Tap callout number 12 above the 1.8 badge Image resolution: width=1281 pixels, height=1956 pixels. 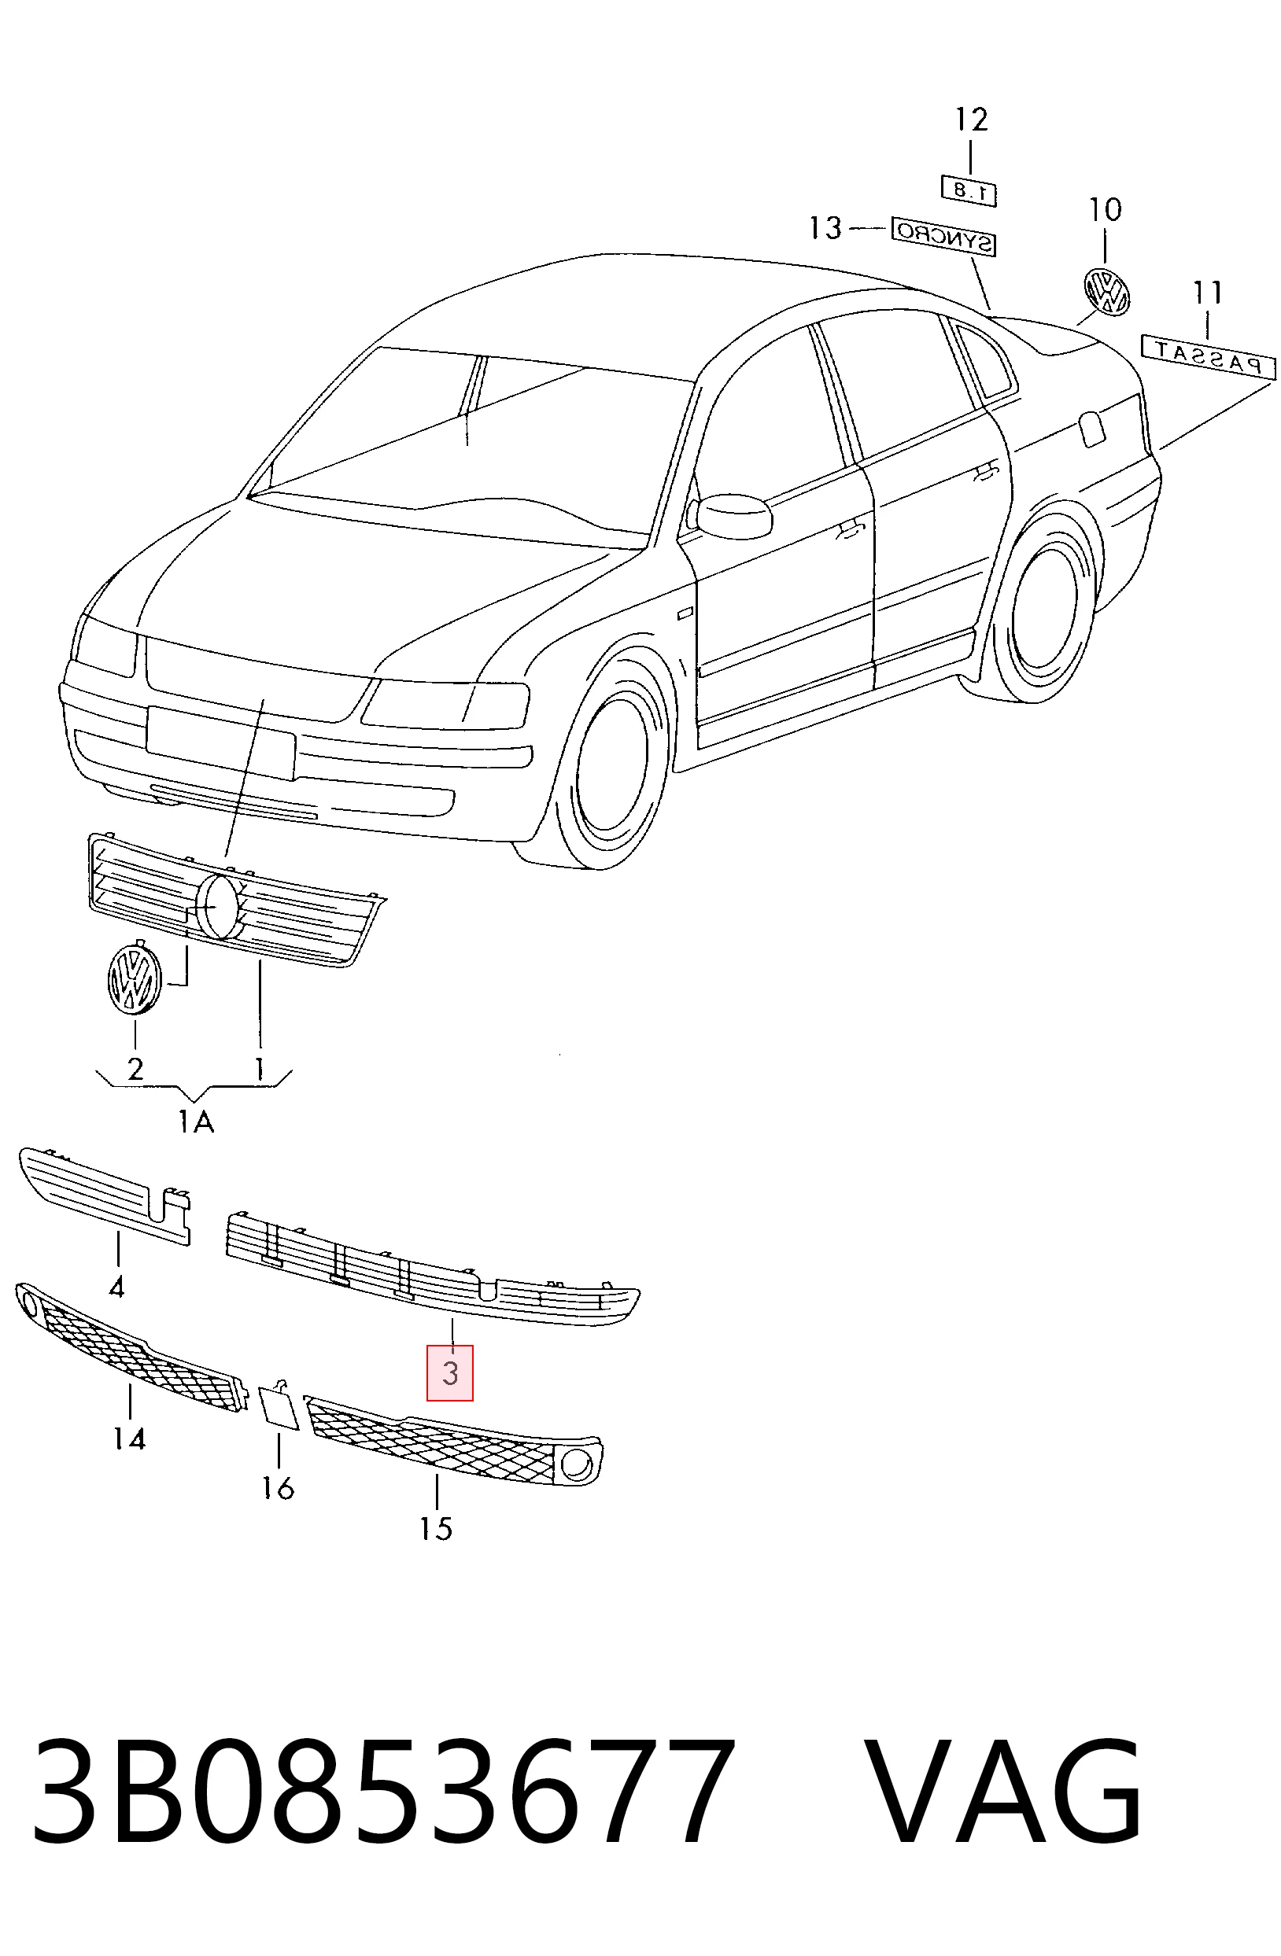970,120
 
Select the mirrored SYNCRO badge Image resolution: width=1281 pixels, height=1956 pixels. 944,237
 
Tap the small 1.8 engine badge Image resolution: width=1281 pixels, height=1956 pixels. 969,190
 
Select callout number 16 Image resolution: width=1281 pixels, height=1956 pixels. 278,1487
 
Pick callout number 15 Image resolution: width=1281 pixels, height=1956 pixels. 436,1529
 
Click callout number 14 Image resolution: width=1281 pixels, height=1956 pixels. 130,1438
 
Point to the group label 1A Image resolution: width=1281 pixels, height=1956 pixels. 196,1121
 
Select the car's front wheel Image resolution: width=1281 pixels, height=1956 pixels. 610,761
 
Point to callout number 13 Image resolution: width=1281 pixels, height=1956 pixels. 825,227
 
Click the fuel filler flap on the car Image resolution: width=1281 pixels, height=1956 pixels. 1094,429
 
